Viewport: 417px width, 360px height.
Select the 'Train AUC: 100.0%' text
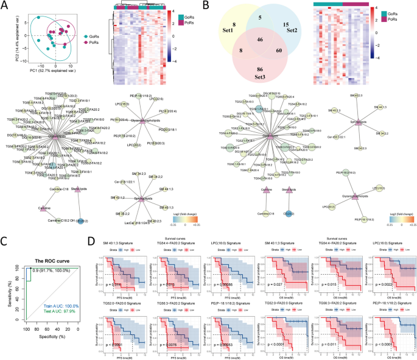click(60, 306)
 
